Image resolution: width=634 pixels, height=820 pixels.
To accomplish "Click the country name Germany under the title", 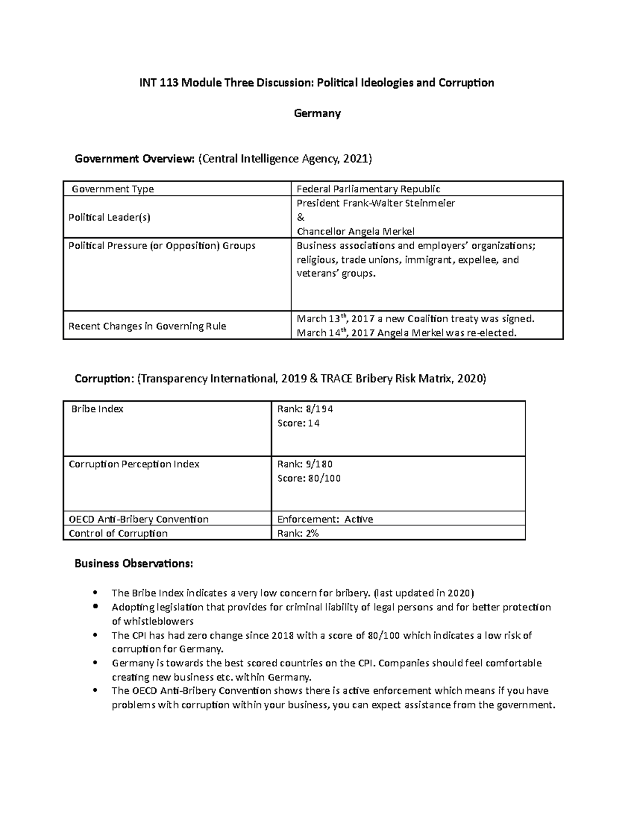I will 317,114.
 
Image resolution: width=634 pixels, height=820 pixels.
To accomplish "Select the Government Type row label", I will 113,189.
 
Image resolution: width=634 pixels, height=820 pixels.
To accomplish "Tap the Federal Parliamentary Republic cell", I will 368,189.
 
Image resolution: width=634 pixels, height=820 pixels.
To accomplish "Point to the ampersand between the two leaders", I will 301,217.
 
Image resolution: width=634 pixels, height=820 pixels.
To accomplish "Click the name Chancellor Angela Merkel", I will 356,231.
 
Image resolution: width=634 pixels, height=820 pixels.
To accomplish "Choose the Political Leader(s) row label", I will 109,217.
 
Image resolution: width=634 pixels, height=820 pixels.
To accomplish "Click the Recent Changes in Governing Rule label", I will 147,326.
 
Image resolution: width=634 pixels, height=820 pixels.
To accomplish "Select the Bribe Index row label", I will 97,409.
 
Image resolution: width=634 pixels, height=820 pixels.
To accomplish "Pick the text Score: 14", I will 299,423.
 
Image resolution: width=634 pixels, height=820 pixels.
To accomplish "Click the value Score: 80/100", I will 309,478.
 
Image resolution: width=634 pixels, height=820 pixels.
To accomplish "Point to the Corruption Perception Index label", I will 134,464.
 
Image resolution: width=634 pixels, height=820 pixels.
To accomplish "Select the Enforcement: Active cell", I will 325,519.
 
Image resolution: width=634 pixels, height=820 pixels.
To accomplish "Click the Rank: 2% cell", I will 298,533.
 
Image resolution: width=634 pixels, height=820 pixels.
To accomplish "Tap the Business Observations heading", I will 134,564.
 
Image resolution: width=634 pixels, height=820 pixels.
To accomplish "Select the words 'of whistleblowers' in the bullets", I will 153,621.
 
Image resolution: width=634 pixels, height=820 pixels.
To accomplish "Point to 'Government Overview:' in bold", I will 135,158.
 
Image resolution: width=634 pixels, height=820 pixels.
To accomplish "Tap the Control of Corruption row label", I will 118,533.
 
